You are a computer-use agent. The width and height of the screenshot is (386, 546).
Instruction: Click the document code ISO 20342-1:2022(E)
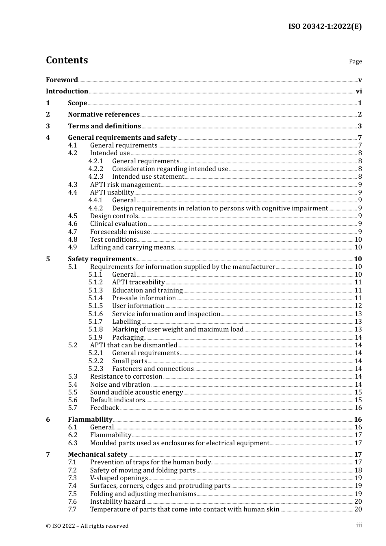325,26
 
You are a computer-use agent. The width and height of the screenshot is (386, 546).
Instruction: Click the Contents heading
67,60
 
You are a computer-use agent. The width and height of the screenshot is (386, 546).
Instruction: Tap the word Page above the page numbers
355,61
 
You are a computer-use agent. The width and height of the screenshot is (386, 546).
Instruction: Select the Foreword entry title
62,80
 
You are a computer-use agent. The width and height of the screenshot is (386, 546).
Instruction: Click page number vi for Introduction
359,91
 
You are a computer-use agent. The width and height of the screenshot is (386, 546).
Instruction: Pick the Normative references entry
104,115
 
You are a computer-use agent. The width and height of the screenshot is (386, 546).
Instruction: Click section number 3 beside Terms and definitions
48,126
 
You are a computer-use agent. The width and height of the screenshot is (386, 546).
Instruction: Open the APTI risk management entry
125,185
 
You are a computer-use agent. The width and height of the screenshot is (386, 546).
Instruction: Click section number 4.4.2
95,208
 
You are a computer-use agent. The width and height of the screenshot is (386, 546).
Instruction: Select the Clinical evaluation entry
118,224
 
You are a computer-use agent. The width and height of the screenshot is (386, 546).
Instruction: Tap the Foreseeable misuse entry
120,232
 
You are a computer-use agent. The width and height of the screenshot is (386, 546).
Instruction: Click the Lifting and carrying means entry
132,247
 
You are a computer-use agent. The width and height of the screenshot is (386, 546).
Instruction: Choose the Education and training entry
147,290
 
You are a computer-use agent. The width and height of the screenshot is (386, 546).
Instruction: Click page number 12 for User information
358,306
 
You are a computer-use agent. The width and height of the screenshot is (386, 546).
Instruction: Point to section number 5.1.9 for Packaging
95,338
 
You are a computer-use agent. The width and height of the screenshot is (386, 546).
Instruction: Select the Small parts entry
130,361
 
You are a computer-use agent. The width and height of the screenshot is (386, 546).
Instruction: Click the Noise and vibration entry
120,385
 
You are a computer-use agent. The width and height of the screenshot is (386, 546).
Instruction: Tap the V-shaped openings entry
119,478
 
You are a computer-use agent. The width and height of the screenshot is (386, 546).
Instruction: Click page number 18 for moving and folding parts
358,470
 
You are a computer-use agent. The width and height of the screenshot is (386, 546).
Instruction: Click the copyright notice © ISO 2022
87,526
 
